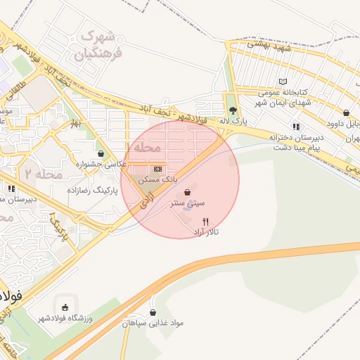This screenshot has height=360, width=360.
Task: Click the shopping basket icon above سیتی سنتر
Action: point(187,192)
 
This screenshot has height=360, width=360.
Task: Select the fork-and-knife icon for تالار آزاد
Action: point(205,221)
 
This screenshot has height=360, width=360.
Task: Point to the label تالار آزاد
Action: point(206,231)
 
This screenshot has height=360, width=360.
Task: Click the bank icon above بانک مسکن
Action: point(157,169)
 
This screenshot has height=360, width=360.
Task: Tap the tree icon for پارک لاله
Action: point(233,110)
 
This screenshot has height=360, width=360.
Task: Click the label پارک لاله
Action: point(234,122)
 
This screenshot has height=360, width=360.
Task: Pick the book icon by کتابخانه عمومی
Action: point(283,82)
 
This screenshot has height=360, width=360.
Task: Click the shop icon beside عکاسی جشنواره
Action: point(101,153)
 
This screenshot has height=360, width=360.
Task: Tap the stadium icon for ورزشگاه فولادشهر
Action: point(65,307)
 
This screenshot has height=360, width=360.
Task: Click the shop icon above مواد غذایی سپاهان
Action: point(153,312)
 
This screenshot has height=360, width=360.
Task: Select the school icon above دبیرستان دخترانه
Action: point(295,127)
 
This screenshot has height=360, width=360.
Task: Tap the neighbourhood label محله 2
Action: point(43,173)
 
